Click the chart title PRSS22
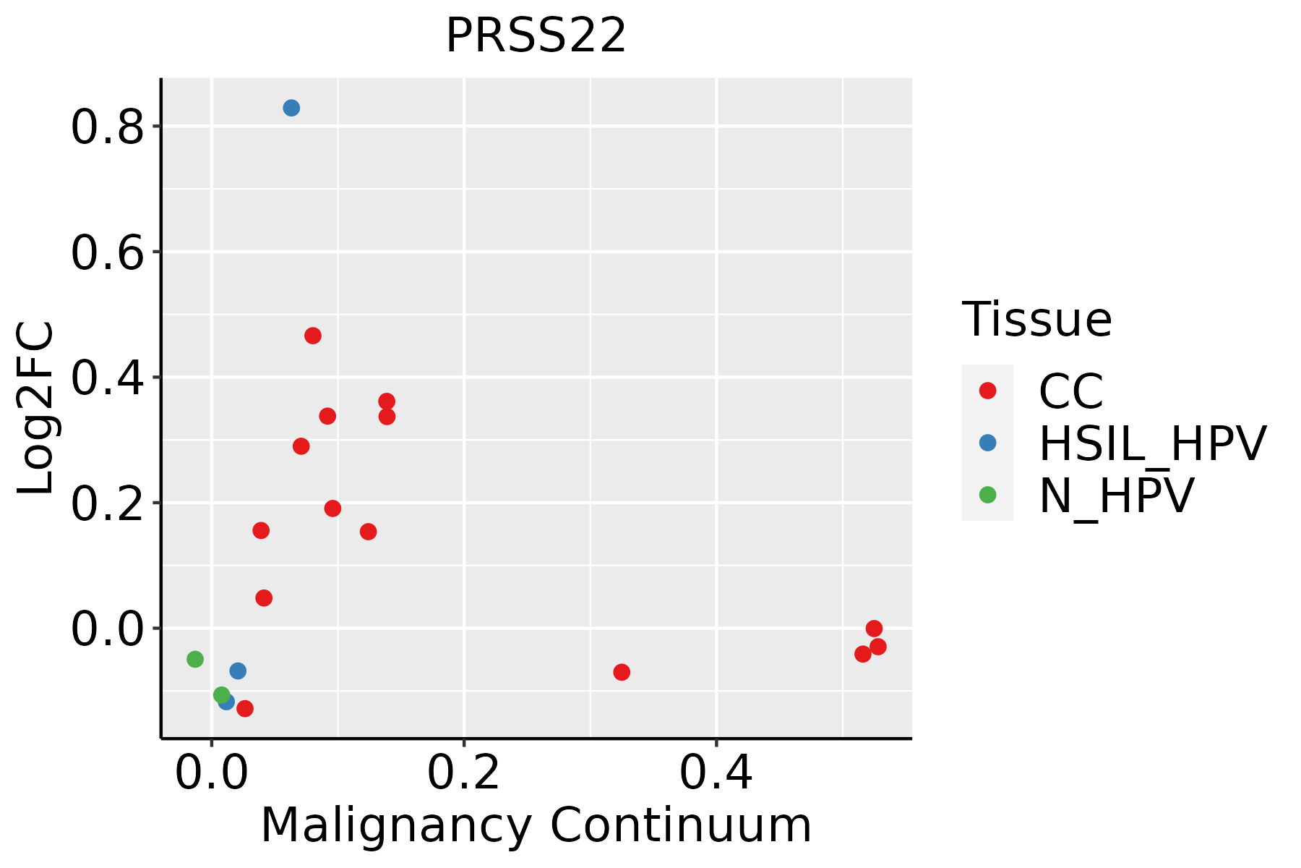click(x=536, y=36)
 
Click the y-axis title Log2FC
click(x=36, y=408)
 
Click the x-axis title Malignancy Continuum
click(x=536, y=825)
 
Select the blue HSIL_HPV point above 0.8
click(x=291, y=108)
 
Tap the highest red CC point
click(x=313, y=336)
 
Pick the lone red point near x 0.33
click(x=622, y=672)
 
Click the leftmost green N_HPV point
click(x=195, y=659)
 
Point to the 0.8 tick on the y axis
click(x=107, y=128)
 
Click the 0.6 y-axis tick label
click(x=107, y=253)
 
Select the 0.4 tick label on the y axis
click(x=107, y=378)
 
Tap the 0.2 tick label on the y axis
click(x=107, y=504)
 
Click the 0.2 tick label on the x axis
click(x=463, y=773)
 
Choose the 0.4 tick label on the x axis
click(x=716, y=773)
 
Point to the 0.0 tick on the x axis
click(x=212, y=773)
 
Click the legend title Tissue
click(x=1036, y=319)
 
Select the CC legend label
click(x=1071, y=391)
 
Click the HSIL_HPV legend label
click(x=1152, y=443)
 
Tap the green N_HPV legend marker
click(x=987, y=495)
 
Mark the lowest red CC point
click(x=245, y=708)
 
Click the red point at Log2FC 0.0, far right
click(x=874, y=628)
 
